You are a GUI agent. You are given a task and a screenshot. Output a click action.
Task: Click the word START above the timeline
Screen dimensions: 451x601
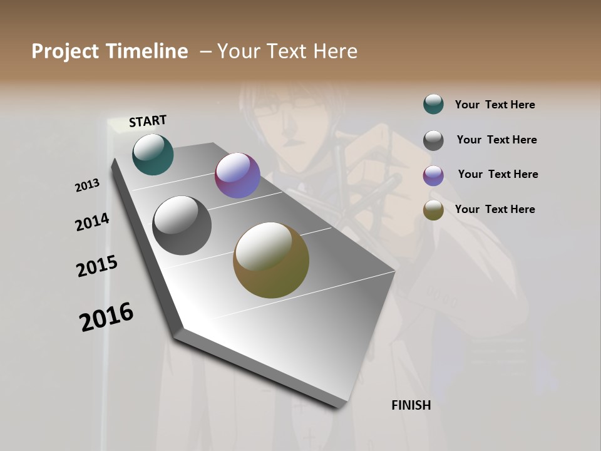pos(148,120)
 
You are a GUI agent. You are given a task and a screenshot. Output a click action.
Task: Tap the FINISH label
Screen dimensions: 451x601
pos(411,405)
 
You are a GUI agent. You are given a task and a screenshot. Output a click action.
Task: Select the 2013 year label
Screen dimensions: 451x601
pos(88,185)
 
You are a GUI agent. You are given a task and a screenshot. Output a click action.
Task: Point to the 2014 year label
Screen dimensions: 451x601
pos(92,222)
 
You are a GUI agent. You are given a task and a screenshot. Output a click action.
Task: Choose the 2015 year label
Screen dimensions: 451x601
pos(97,266)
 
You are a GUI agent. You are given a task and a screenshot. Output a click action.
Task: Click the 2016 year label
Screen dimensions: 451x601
pos(106,316)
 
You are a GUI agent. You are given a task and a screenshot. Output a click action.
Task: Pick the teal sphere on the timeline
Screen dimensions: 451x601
pos(153,154)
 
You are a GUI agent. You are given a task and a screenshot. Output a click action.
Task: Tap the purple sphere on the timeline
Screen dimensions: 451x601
pos(237,175)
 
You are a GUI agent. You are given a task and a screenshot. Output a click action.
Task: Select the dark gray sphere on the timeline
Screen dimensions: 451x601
pos(182,225)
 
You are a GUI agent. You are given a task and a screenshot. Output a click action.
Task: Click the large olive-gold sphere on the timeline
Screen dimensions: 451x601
pos(271,260)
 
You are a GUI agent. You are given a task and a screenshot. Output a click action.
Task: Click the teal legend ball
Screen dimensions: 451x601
pos(433,105)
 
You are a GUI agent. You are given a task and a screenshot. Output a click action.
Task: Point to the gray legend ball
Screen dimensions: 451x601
pos(433,140)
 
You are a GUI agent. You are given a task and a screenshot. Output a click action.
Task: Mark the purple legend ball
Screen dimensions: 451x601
pos(433,175)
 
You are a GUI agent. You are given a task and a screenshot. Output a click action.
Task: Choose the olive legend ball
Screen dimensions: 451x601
pos(433,210)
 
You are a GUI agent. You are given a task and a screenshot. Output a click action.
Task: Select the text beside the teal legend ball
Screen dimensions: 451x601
pos(495,105)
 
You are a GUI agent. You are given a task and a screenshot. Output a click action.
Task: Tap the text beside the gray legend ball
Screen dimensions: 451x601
pos(496,140)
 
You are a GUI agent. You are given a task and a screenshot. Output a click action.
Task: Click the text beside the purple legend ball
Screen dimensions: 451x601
pos(498,174)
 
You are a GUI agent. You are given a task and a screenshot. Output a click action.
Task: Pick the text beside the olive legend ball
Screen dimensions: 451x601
pos(495,209)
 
